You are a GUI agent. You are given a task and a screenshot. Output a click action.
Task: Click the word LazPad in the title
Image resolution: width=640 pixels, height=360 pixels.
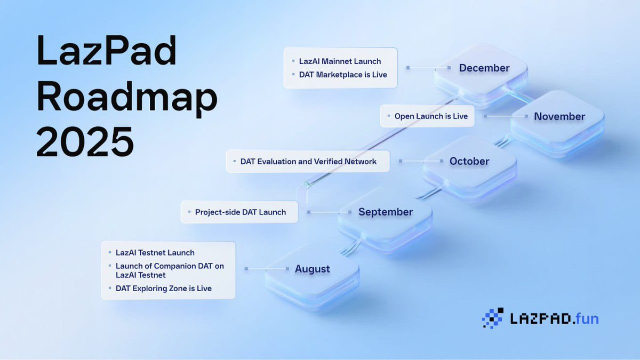(x=106, y=51)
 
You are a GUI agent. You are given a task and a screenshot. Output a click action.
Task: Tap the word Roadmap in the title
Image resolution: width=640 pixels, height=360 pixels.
(x=127, y=99)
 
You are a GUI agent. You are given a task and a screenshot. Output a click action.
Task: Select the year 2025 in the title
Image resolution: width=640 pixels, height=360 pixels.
(x=85, y=141)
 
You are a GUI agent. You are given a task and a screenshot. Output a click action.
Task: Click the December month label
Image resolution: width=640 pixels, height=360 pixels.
(x=484, y=68)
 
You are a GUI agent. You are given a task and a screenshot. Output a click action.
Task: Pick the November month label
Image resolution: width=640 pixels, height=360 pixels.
(x=559, y=116)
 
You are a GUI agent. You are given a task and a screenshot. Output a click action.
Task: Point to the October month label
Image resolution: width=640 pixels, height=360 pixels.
(x=469, y=161)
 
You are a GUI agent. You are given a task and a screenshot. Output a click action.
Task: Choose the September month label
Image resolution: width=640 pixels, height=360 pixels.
(x=386, y=212)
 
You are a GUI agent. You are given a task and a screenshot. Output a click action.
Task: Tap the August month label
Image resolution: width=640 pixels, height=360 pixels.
(x=313, y=269)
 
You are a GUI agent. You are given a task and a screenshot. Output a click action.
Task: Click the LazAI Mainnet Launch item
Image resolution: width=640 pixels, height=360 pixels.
(x=340, y=61)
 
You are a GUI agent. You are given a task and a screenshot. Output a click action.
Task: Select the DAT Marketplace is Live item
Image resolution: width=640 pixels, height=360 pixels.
(x=343, y=75)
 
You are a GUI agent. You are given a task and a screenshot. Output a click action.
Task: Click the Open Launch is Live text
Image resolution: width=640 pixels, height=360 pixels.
(x=431, y=116)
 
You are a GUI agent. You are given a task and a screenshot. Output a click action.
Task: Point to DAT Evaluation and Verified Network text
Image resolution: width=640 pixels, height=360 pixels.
(x=308, y=162)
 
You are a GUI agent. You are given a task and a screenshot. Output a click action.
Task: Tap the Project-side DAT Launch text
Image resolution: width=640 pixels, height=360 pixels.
(x=241, y=212)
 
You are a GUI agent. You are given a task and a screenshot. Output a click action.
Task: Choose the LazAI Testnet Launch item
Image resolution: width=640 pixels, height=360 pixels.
(x=155, y=253)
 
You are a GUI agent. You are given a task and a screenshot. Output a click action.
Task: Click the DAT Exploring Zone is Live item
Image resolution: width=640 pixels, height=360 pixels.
(x=163, y=289)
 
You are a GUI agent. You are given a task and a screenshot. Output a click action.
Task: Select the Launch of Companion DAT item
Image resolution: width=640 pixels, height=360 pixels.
(x=170, y=270)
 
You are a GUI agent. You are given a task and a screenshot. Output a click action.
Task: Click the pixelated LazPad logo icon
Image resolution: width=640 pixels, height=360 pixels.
(x=493, y=318)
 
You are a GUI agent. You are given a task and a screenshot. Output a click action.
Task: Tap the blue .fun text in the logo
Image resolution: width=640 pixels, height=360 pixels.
(x=586, y=318)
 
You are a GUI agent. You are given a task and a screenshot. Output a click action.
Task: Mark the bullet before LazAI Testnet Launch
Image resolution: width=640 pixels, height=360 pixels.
(x=110, y=252)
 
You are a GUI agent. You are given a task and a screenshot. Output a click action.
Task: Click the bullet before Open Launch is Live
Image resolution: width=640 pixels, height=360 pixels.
(x=389, y=116)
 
